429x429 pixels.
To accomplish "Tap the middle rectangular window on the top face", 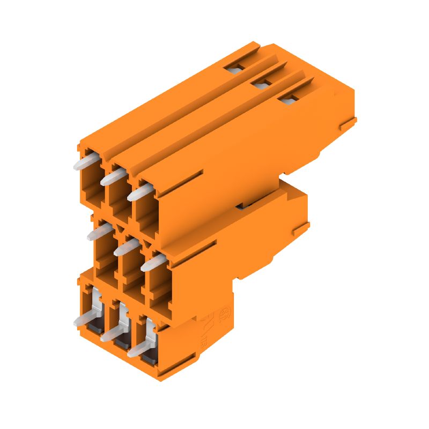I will coord(261,83).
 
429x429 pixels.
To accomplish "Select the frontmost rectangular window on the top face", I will coord(288,99).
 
